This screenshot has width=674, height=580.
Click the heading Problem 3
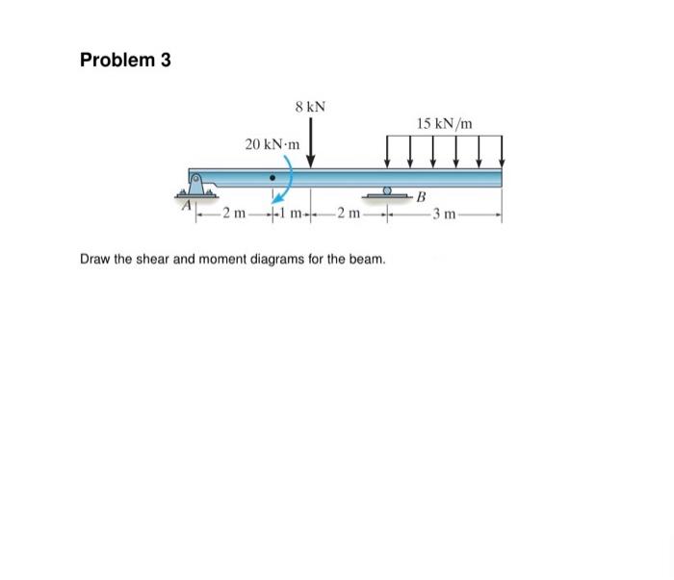(125, 60)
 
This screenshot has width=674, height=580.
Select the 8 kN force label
(310, 106)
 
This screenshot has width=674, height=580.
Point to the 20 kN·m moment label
(272, 144)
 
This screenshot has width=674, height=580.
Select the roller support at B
(387, 194)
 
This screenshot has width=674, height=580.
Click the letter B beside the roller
(421, 198)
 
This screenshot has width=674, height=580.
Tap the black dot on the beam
(273, 178)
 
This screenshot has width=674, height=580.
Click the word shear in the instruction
(159, 260)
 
